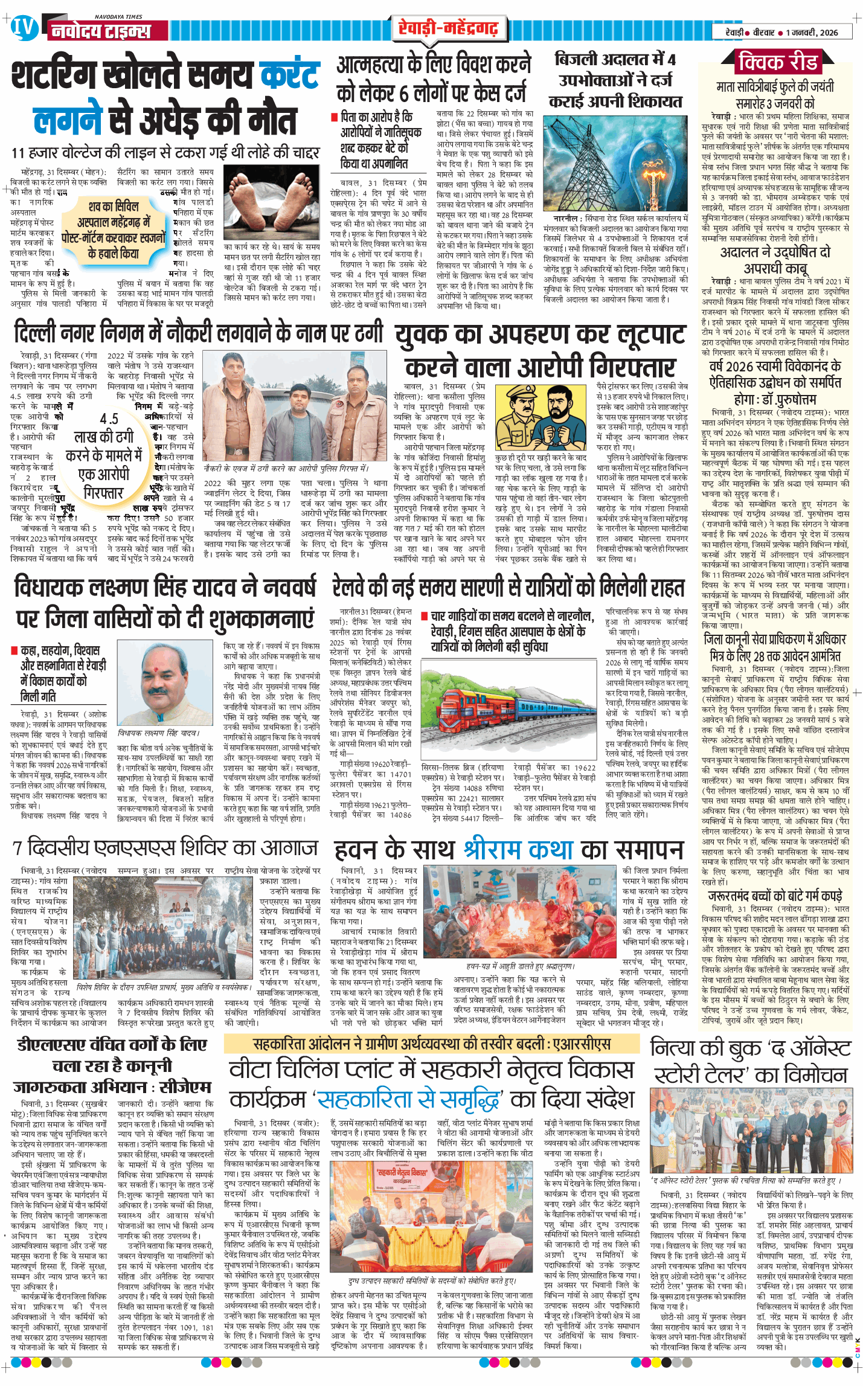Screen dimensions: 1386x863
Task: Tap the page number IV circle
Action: [x=23, y=28]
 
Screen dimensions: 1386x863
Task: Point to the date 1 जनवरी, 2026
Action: [x=812, y=33]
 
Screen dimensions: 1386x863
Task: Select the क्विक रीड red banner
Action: [x=778, y=62]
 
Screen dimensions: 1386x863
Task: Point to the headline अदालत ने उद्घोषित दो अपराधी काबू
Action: [x=775, y=260]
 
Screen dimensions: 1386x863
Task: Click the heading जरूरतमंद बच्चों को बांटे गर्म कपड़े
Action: [x=775, y=896]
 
